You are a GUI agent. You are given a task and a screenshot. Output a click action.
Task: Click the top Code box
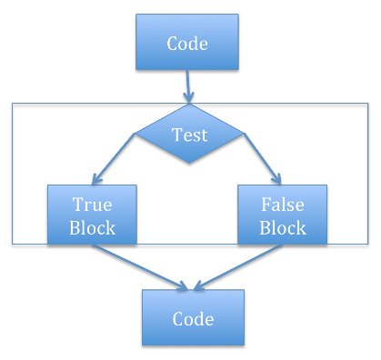click(186, 43)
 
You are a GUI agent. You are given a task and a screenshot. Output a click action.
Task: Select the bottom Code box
click(192, 318)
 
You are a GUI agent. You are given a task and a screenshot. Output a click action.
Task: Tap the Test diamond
click(190, 135)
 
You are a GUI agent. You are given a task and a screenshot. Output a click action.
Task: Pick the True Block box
click(92, 215)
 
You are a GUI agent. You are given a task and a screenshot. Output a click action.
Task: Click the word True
click(92, 205)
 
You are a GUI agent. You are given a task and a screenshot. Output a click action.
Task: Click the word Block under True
click(92, 227)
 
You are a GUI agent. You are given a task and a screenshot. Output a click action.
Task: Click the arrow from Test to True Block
click(114, 160)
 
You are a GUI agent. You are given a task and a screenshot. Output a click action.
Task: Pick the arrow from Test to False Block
click(264, 160)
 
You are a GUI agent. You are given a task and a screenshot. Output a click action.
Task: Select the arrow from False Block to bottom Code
click(238, 268)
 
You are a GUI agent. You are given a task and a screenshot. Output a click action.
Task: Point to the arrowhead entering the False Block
click(278, 181)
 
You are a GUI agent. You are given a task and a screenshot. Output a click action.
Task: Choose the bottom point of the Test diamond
click(190, 165)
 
